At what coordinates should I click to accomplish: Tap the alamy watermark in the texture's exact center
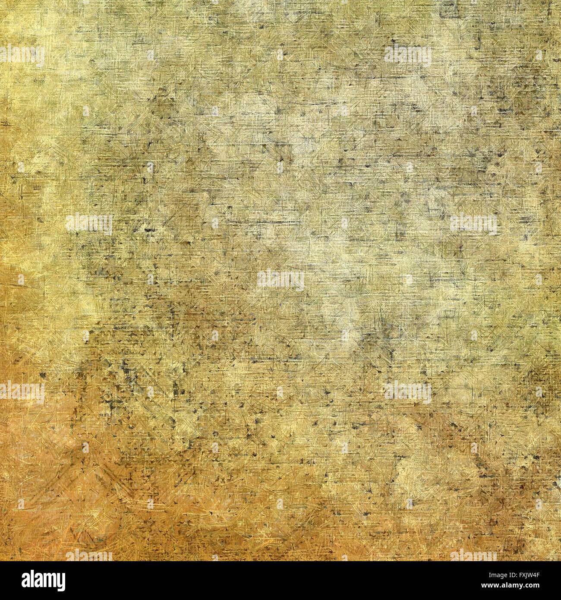(x=280, y=280)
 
